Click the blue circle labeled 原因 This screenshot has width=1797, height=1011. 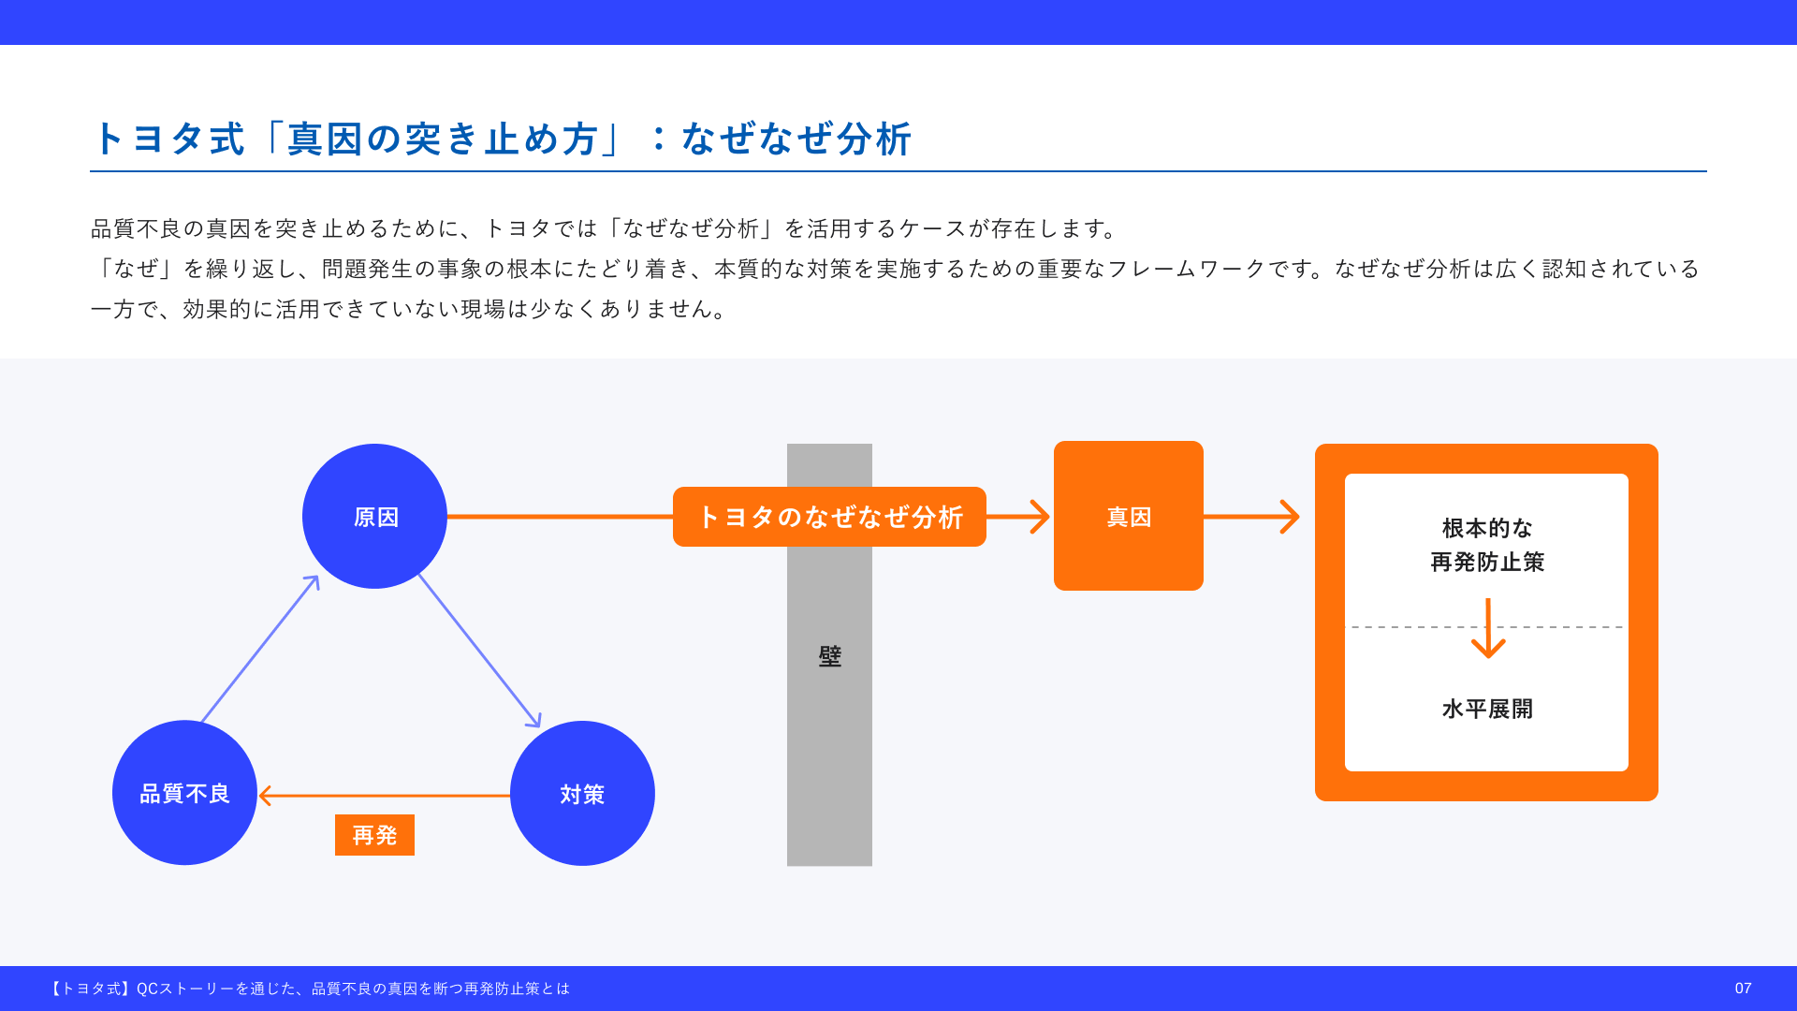(374, 516)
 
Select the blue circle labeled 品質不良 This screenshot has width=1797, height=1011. (184, 793)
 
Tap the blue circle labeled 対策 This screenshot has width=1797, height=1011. (582, 793)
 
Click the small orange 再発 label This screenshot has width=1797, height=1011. (374, 835)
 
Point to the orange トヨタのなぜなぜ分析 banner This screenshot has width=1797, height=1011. (829, 517)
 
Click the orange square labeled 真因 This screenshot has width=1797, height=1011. (1128, 516)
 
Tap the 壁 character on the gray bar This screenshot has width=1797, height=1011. (829, 656)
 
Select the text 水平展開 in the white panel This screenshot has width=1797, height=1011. (1487, 709)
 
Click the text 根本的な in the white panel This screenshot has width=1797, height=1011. (1487, 528)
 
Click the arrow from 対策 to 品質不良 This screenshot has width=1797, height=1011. (384, 796)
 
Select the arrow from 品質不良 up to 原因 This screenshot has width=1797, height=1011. (260, 650)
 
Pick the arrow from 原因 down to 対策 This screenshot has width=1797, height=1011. (479, 651)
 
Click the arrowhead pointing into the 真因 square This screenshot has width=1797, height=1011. (1039, 517)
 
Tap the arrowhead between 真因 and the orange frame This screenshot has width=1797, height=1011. (1289, 517)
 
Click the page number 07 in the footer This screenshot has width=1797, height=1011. (1743, 989)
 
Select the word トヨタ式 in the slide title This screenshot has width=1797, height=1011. (169, 139)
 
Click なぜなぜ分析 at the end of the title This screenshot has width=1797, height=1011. (796, 139)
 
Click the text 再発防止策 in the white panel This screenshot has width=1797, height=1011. (1487, 562)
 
